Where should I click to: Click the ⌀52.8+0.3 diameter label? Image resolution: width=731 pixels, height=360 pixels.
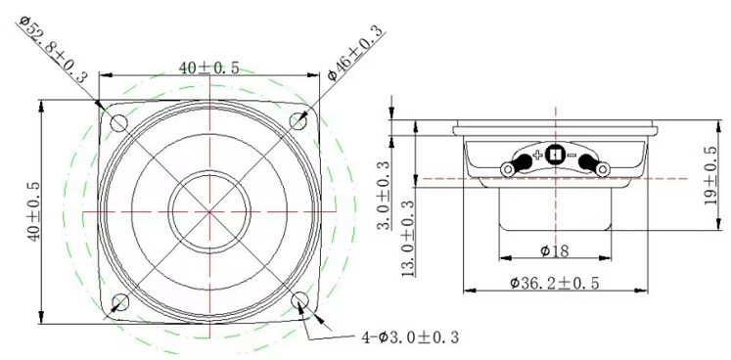tap(54, 49)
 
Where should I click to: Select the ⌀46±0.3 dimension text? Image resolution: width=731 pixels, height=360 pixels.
tap(355, 52)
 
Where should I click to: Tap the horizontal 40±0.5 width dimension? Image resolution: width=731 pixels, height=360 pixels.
tap(209, 68)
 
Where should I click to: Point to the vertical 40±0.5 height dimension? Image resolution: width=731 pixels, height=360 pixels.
tap(33, 210)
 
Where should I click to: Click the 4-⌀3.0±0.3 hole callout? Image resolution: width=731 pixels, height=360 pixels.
tap(411, 337)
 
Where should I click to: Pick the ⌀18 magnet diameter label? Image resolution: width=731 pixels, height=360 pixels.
tap(555, 251)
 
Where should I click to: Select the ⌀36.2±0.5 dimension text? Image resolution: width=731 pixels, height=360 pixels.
tap(555, 283)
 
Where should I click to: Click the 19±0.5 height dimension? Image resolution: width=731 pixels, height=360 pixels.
tap(710, 175)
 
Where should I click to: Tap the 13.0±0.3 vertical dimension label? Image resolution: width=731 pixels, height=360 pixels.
tap(408, 238)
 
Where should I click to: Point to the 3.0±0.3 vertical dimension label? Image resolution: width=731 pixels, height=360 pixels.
tap(384, 195)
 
